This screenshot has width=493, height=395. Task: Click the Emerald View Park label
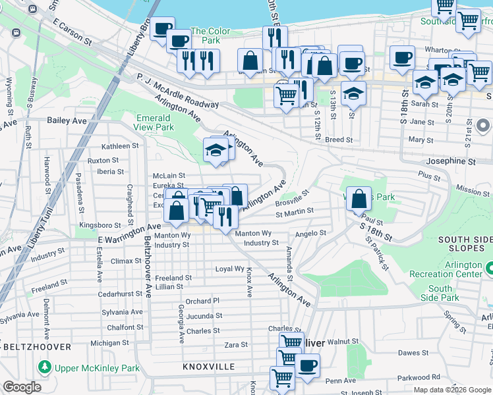pos(155,122)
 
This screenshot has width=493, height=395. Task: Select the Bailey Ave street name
pos(67,121)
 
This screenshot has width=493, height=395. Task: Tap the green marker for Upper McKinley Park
pos(44,366)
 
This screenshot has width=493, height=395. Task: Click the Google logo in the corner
pos(22,387)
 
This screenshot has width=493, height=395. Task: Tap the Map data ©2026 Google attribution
pos(451,390)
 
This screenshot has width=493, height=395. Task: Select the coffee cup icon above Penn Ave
pos(306,365)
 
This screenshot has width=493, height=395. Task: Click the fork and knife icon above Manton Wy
pos(225,216)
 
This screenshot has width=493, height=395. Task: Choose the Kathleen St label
pos(120,146)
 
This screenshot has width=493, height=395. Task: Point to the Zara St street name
pos(235,344)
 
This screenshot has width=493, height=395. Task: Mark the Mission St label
pos(472,191)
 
